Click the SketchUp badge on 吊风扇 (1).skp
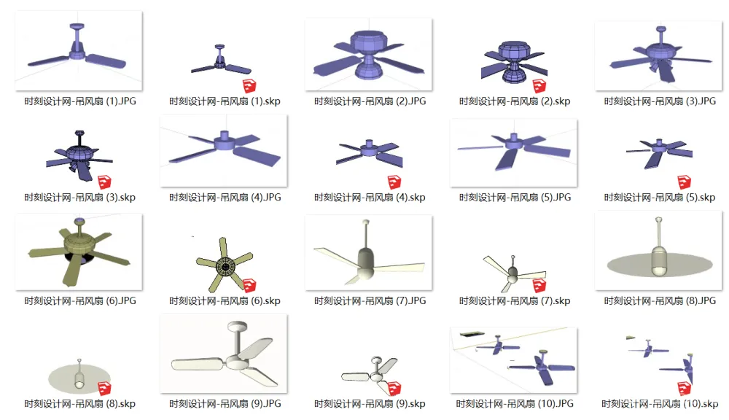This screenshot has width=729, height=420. [x=249, y=85]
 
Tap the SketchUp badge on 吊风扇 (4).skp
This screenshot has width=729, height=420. [x=394, y=182]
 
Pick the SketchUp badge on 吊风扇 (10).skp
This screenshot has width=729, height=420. [x=685, y=388]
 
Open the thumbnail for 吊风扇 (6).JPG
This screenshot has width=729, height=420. [x=79, y=252]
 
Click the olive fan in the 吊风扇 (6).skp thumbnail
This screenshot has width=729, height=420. [x=225, y=265]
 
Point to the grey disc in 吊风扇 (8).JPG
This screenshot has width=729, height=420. [x=660, y=265]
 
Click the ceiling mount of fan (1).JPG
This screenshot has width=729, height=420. [x=77, y=26]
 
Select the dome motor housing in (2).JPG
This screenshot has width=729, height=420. [x=368, y=42]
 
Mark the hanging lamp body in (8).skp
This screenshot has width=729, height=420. [x=79, y=379]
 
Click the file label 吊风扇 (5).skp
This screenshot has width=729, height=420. [x=660, y=197]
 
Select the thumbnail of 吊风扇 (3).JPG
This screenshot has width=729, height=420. [x=659, y=56]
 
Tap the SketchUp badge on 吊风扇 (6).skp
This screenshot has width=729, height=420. [x=249, y=285]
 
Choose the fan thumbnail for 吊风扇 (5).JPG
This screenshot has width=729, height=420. [x=514, y=153]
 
